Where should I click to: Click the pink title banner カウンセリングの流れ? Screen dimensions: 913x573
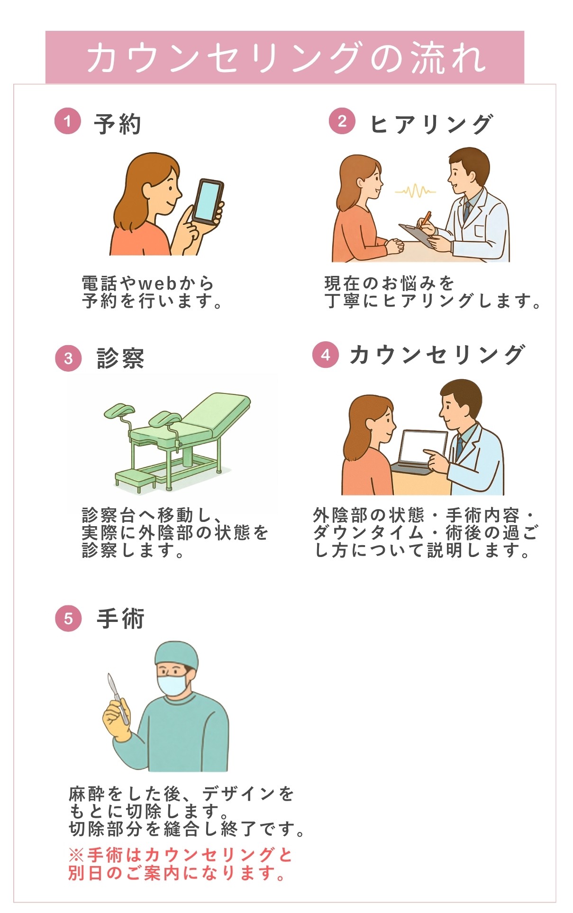284,57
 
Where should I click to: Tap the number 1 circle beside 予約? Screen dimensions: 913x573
68,121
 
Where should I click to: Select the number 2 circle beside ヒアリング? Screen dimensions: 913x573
342,121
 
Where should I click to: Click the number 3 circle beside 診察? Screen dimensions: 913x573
68,358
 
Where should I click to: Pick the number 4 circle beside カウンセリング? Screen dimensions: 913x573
325,355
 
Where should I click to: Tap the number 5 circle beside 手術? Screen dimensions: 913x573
68,618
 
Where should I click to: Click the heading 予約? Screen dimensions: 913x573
117,124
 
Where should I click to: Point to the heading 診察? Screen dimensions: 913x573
120,358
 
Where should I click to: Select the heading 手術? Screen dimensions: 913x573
120,619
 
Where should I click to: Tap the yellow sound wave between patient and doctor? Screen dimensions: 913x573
415,191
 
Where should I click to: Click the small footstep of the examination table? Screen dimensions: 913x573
136,478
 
